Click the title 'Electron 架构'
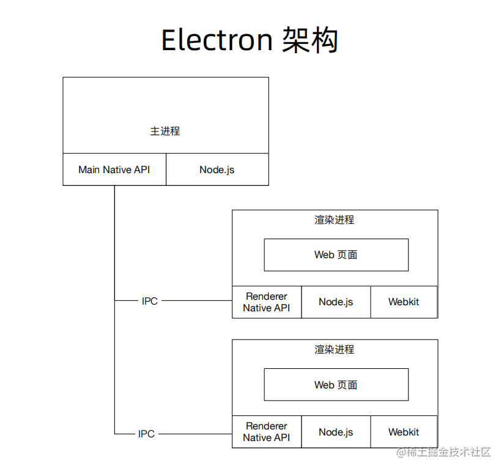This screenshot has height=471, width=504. pyautogui.click(x=250, y=40)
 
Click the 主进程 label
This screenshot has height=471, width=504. pyautogui.click(x=165, y=131)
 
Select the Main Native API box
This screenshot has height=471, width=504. pyautogui.click(x=114, y=169)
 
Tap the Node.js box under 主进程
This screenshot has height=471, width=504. pyautogui.click(x=217, y=169)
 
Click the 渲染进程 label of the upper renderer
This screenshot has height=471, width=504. pyautogui.click(x=335, y=220)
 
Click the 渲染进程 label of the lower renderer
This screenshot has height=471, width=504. pyautogui.click(x=335, y=349)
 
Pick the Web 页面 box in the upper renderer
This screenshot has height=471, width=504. pyautogui.click(x=336, y=254)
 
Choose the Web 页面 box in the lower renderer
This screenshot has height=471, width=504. pyautogui.click(x=336, y=385)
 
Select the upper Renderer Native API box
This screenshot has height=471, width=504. pyautogui.click(x=266, y=302)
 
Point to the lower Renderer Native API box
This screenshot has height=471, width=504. pyautogui.click(x=266, y=432)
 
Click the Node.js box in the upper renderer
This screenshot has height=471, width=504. pyautogui.click(x=336, y=302)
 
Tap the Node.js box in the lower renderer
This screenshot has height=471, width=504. pyautogui.click(x=336, y=432)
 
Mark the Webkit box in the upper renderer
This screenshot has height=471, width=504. pyautogui.click(x=404, y=302)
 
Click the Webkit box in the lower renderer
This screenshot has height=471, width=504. pyautogui.click(x=404, y=432)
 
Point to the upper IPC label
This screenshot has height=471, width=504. pyautogui.click(x=150, y=301)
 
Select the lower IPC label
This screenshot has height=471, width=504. pyautogui.click(x=147, y=434)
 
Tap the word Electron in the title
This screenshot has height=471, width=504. pyautogui.click(x=217, y=40)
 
